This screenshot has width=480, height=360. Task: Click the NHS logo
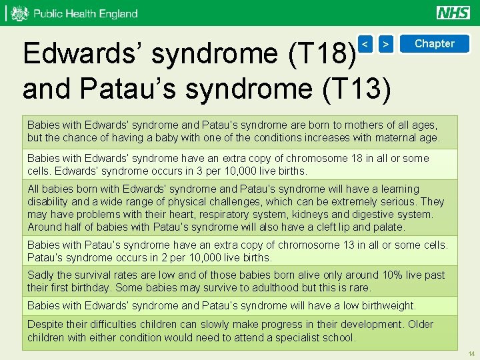point(453,13)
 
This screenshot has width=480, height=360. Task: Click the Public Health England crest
point(20,13)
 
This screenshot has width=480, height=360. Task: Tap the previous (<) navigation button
point(365,44)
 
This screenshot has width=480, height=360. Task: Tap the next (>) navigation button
point(386,44)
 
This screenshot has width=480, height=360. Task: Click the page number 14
point(471,353)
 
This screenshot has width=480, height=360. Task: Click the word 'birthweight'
point(385,306)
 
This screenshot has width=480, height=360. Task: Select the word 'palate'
point(388,227)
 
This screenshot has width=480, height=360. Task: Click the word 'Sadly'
point(41,275)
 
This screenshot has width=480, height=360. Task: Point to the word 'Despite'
point(45,325)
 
